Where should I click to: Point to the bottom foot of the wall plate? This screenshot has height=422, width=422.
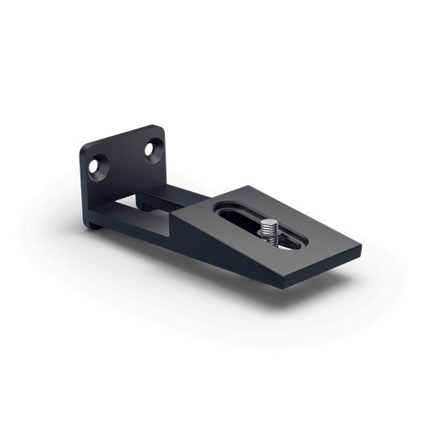pos(96,223)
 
